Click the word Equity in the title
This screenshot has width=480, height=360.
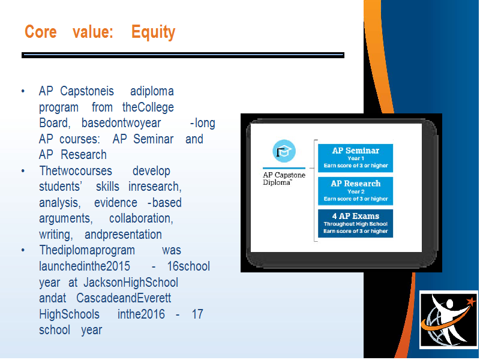(x=154, y=32)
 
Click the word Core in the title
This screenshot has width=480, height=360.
(x=41, y=32)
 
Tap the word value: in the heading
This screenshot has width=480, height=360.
(x=93, y=32)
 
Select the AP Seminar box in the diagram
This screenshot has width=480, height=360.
(x=355, y=158)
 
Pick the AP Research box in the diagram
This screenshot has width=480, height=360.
(x=355, y=191)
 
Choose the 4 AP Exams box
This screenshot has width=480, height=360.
(x=355, y=223)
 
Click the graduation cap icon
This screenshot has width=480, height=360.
(x=284, y=151)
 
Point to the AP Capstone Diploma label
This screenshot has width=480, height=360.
(x=284, y=178)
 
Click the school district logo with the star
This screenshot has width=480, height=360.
(x=448, y=320)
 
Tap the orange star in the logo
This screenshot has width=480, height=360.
(x=471, y=301)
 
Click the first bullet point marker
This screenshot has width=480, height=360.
(x=23, y=91)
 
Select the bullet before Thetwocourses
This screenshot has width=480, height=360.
(x=23, y=171)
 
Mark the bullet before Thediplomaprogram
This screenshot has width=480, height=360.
(x=23, y=250)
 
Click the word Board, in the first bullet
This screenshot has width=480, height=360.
(x=55, y=123)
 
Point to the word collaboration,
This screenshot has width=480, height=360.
(x=141, y=218)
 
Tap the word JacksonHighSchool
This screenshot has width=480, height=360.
(x=131, y=282)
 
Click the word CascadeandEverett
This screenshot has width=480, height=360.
(x=124, y=298)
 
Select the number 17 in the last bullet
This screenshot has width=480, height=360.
(x=197, y=314)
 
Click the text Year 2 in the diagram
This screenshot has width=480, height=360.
(x=356, y=191)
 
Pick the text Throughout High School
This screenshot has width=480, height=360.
(x=356, y=224)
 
